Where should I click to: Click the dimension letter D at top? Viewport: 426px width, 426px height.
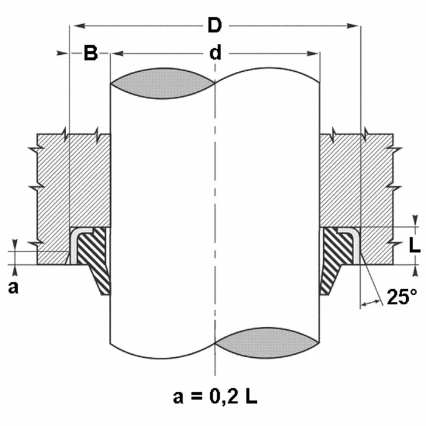(215, 26)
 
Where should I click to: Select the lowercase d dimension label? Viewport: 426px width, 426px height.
(215, 52)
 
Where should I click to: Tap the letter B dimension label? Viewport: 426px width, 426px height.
(91, 53)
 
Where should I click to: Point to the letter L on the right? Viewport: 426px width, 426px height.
(414, 246)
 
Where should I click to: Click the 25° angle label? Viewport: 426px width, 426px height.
(402, 297)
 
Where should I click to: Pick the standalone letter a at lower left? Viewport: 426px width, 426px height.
(13, 288)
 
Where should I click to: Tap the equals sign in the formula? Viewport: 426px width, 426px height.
(197, 397)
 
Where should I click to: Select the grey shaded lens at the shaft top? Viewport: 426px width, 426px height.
(162, 83)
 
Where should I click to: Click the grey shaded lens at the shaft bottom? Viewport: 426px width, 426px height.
(267, 343)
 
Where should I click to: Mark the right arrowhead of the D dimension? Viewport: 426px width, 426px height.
(352, 26)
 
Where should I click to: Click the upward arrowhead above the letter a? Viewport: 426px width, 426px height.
(15, 271)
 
